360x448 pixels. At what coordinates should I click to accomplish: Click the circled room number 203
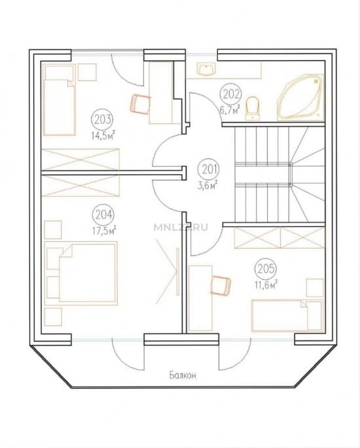pos(102,120)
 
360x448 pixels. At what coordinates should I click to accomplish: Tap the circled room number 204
pos(103,215)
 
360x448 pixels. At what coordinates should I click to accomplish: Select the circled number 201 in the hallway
pos(209,169)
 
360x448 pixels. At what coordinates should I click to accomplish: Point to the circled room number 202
pos(231,94)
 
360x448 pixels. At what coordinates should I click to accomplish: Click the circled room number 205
pos(265,269)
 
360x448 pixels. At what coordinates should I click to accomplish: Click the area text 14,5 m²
pos(103,135)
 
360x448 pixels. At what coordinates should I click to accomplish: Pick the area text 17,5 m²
pos(104,230)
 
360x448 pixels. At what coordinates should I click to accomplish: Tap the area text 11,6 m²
pos(266,285)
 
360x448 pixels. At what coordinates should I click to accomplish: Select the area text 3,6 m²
pos(207,186)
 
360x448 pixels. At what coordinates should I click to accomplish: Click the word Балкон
pos(183,375)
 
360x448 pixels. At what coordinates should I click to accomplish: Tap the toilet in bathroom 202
pos(252,109)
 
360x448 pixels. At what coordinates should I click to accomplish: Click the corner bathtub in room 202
pos(300,97)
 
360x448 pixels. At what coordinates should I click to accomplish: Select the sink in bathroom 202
pos(206,70)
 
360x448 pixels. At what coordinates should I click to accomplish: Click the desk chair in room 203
pos(140,104)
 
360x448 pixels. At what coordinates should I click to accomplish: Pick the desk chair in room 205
pos(220,285)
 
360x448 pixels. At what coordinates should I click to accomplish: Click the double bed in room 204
pos(81,273)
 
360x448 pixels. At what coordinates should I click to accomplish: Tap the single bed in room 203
pos(59,99)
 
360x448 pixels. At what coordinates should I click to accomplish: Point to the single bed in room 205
pos(287,315)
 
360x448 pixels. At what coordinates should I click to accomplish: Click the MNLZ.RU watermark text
pos(181,228)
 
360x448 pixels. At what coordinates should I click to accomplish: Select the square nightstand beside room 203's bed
pos(87,73)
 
